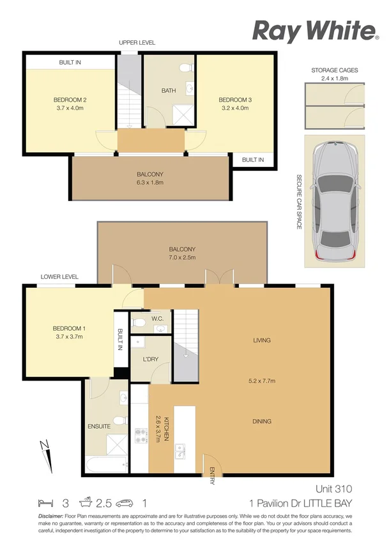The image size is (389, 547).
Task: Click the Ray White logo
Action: (314, 31)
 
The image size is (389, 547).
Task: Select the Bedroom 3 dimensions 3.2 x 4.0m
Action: (236, 108)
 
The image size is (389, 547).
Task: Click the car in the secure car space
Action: (334, 199)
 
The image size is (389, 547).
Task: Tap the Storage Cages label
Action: (334, 70)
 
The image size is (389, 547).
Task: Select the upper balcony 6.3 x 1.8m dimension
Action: (149, 182)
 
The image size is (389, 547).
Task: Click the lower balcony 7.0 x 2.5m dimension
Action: (182, 258)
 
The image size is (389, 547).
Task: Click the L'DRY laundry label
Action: (150, 360)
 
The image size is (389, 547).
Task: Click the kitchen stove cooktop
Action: (139, 436)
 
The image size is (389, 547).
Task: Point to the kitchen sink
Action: (180, 452)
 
